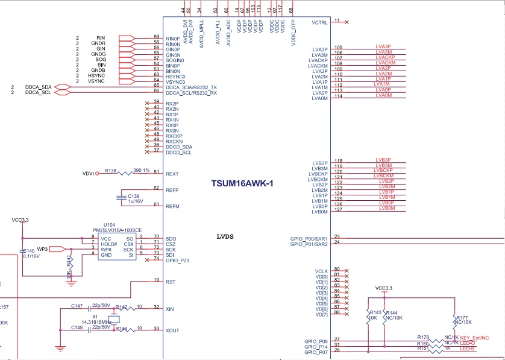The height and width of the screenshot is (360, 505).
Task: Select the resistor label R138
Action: coord(110,171)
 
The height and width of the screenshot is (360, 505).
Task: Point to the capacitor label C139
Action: coord(133,196)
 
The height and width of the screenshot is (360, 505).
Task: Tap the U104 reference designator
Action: coord(108,224)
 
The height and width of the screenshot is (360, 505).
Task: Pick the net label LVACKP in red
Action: coord(385,57)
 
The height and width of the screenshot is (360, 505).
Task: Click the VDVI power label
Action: coord(89,174)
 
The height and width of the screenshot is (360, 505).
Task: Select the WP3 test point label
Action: coord(42,248)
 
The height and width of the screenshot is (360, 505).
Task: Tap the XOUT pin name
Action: coord(172,330)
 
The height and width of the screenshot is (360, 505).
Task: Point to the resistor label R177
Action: coord(462,317)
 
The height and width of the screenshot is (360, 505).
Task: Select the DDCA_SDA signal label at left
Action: coord(39,87)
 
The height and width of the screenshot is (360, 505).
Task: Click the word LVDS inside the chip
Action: coord(227,236)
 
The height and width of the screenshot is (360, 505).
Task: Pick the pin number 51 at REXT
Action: coord(157,172)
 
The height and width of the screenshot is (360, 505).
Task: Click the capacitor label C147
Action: coord(77,306)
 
